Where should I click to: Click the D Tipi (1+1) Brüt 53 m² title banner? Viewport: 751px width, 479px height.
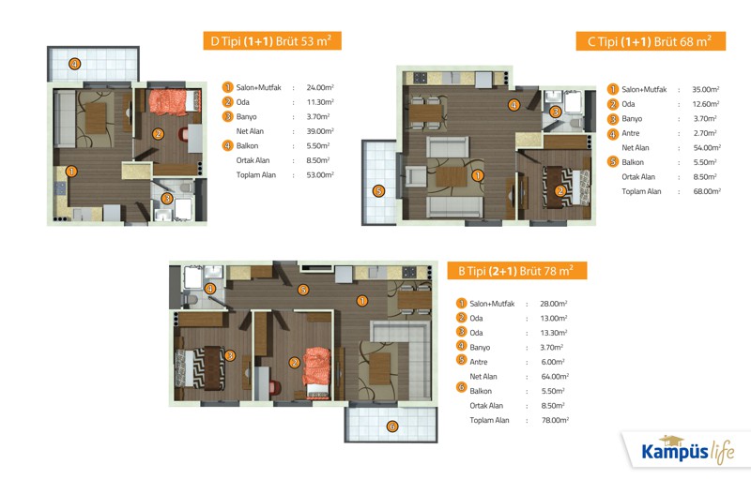pyautogui.click(x=272, y=41)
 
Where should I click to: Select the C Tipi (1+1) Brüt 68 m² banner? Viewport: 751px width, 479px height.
pyautogui.click(x=651, y=41)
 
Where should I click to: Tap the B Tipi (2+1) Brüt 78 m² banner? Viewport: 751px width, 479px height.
pyautogui.click(x=517, y=271)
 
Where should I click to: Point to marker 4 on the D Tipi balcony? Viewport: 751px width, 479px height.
pyautogui.click(x=74, y=64)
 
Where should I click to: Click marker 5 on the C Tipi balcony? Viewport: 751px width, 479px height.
pyautogui.click(x=378, y=191)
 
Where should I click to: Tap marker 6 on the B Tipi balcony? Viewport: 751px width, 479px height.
pyautogui.click(x=391, y=427)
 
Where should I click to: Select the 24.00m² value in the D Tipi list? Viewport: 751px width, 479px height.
pyautogui.click(x=320, y=87)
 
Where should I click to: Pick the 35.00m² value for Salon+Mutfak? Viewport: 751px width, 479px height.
pyautogui.click(x=706, y=89)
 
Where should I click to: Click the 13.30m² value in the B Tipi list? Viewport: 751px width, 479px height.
pyautogui.click(x=554, y=333)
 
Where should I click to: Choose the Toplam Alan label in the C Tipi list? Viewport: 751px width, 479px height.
pyautogui.click(x=641, y=191)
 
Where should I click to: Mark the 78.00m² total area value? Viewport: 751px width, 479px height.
pyautogui.click(x=555, y=420)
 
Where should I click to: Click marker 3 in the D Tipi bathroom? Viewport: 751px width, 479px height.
pyautogui.click(x=167, y=198)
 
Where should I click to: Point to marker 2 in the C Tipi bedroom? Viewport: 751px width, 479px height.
pyautogui.click(x=560, y=191)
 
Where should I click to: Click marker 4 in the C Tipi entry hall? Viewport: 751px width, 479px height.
pyautogui.click(x=513, y=105)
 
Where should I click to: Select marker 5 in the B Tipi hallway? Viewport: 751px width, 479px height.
pyautogui.click(x=302, y=290)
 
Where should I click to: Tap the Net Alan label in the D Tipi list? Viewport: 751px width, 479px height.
pyautogui.click(x=250, y=131)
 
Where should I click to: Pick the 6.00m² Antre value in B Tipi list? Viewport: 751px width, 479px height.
pyautogui.click(x=553, y=362)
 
